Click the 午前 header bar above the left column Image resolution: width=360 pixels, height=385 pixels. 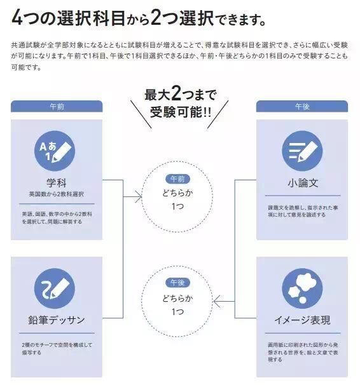(57, 106)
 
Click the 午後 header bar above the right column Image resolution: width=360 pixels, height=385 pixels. (301, 106)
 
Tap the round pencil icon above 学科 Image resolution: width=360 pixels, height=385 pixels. (55, 151)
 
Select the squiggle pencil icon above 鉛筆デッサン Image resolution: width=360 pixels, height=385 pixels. (55, 288)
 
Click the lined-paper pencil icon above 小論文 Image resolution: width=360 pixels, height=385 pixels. (302, 151)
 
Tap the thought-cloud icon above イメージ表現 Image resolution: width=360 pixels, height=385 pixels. (302, 288)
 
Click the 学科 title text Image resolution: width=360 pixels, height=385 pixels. (56, 183)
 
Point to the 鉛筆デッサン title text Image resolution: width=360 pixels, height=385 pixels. (57, 320)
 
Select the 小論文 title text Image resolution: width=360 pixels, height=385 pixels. (303, 183)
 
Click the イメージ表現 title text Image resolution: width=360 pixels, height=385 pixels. (302, 320)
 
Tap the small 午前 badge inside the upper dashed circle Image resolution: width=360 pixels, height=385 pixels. (177, 179)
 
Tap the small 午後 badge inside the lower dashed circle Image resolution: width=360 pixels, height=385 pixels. (177, 283)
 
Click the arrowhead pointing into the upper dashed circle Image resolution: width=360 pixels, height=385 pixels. (139, 197)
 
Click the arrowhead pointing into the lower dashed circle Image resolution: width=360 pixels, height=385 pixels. (218, 301)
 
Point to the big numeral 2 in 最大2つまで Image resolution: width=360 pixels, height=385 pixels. (176, 93)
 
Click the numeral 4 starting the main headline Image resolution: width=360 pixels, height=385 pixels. (17, 18)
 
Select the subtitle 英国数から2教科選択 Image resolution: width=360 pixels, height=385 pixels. (56, 194)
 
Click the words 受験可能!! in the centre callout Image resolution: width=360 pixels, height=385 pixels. (181, 112)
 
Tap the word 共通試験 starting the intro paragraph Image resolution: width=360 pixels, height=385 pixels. (25, 45)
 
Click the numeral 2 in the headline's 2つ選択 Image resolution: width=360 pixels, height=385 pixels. (156, 18)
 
